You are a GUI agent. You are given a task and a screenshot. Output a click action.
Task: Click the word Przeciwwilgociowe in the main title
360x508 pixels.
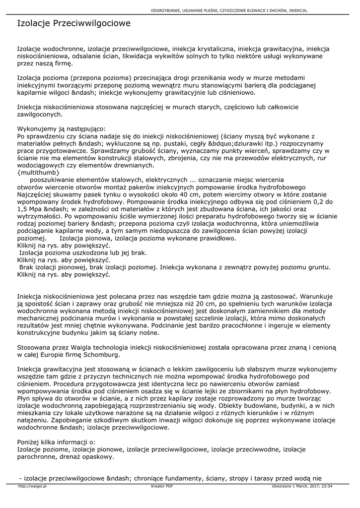pyautogui.click(x=92, y=23)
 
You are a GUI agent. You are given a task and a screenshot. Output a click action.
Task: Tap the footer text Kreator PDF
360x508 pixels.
pyautogui.click(x=162, y=486)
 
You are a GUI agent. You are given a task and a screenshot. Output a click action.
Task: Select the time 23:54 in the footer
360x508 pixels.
pyautogui.click(x=326, y=486)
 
